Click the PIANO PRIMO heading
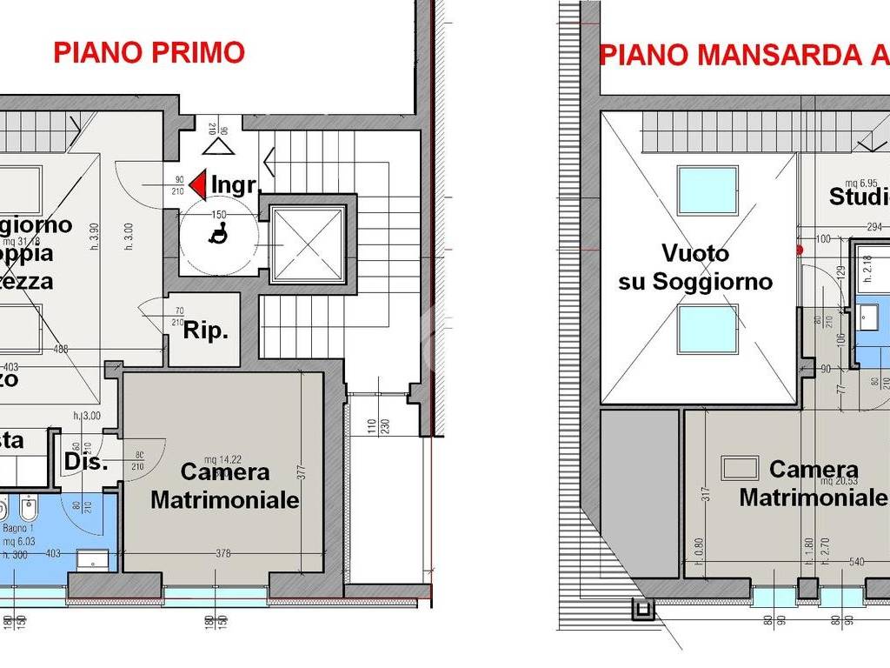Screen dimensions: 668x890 (x=149, y=52)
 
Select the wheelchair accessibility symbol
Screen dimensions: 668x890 (x=219, y=233)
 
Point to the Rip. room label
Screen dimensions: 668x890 (x=205, y=331)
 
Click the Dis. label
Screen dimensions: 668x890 (x=85, y=463)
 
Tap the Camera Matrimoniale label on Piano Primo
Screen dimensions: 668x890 (x=225, y=486)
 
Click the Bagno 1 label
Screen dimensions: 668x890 (x=17, y=527)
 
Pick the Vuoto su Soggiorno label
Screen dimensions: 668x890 (x=694, y=267)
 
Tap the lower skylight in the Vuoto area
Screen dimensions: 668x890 (x=707, y=330)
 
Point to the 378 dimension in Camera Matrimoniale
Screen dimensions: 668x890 (x=223, y=552)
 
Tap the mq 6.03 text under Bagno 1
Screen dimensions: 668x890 (x=16, y=541)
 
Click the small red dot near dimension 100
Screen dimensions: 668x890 (x=800, y=250)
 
